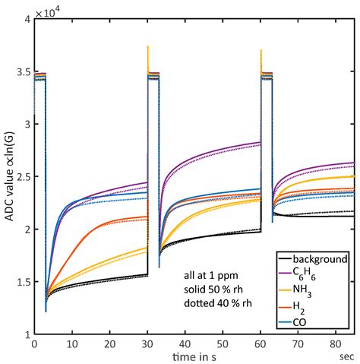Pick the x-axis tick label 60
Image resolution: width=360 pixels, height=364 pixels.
pyautogui.click(x=261, y=343)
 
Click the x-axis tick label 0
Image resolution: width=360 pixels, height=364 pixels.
pyautogui.click(x=34, y=343)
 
